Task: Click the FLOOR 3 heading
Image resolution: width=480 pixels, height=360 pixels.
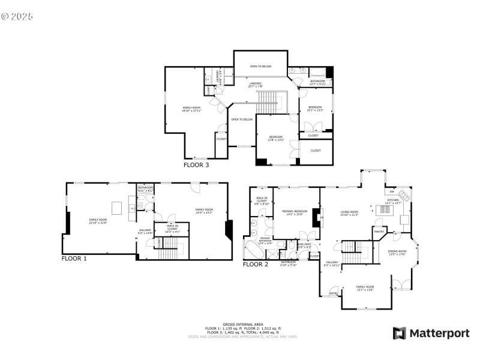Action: [x=196, y=164]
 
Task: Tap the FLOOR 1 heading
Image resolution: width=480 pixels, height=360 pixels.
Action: [x=74, y=259]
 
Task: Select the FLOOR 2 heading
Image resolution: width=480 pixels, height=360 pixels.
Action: [x=256, y=264]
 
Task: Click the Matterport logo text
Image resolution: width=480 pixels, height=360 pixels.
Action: [x=431, y=333]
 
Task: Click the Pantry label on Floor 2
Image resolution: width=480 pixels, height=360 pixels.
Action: [x=379, y=231]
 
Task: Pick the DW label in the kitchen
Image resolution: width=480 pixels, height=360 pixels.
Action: [x=391, y=191]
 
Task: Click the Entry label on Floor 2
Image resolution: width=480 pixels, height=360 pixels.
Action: [x=333, y=293]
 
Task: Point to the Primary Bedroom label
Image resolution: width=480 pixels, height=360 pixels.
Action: [x=295, y=212]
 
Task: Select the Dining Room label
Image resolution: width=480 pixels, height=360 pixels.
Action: [x=398, y=252]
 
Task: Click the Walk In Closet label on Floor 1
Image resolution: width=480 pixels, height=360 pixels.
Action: [x=172, y=228]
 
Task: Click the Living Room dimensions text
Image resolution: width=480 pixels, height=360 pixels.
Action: [x=350, y=215]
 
